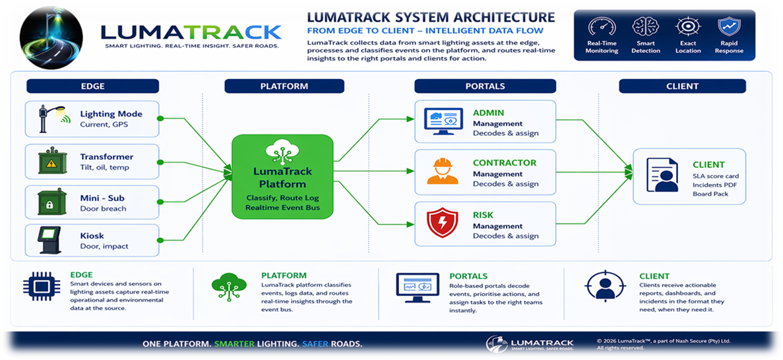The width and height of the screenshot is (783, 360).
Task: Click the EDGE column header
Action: [92, 86]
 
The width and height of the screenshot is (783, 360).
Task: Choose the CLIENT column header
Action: [681, 86]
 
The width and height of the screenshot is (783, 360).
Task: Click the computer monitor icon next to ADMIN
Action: [442, 122]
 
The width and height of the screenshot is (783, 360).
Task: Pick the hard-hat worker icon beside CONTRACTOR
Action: [442, 172]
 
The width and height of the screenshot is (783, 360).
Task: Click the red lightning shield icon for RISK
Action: [442, 222]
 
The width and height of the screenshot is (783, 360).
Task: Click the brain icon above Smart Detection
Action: [644, 27]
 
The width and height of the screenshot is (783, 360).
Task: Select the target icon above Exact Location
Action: [687, 27]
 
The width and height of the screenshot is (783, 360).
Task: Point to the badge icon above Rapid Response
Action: [729, 27]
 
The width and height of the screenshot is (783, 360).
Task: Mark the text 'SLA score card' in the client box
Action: [715, 176]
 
